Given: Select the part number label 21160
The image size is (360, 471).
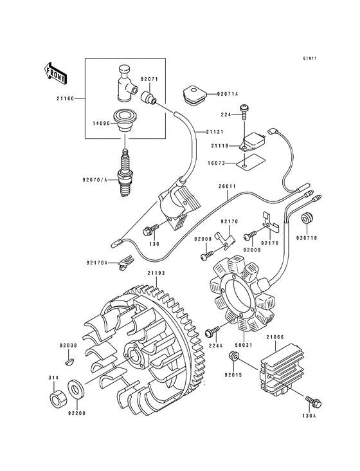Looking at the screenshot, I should [65, 99].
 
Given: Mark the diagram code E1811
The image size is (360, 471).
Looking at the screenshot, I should [312, 59].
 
